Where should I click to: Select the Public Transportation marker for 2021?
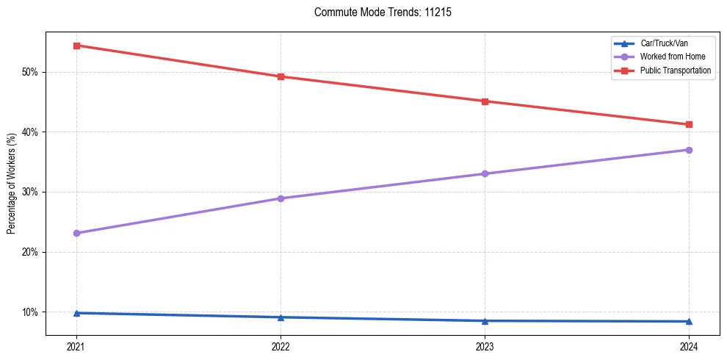point(76,46)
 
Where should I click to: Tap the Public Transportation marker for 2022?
point(281,76)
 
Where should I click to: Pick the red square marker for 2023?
point(485,101)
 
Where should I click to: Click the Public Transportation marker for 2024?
point(689,124)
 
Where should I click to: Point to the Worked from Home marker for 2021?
point(76,233)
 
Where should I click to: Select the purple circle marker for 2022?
point(281,198)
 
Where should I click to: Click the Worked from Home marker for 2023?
point(485,173)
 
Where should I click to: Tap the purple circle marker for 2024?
point(689,150)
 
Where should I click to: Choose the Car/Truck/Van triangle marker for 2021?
point(76,313)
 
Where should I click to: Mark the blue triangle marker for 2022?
point(281,317)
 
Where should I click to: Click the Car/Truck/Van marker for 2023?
point(485,320)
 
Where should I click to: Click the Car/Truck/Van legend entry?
point(664,44)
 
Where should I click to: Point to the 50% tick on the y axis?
point(30,72)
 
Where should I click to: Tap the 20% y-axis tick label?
point(30,252)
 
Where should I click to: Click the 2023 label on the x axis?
point(485,346)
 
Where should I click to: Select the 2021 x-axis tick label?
point(76,346)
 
